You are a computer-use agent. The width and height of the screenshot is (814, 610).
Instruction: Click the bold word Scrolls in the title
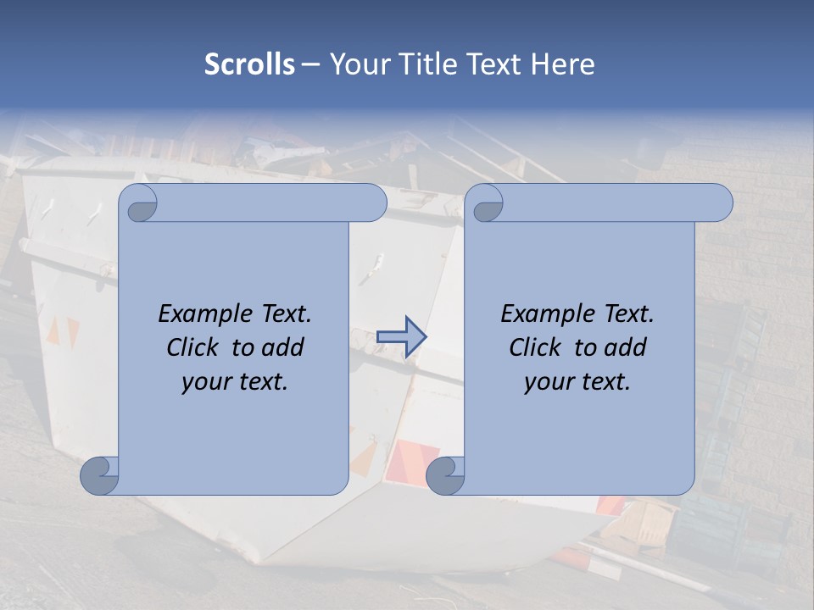coord(250,64)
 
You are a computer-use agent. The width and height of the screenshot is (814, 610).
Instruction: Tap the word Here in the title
coord(563,64)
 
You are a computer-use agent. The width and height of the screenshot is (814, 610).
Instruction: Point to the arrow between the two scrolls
coord(401,336)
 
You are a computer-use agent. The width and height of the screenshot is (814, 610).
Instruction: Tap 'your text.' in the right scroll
coord(577,382)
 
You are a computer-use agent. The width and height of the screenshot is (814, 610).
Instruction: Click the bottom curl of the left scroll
coord(99,475)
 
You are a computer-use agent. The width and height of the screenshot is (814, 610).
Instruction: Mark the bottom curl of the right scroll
coord(444,475)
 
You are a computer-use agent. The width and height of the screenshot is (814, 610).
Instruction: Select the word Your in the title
coord(356,64)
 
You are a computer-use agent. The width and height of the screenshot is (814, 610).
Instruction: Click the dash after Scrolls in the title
coord(310,64)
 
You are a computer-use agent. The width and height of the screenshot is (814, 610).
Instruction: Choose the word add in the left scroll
coord(283,347)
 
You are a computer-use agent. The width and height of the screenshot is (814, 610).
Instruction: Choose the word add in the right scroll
coord(626,347)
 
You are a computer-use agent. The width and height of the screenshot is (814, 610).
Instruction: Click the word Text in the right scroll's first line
coord(628,314)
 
